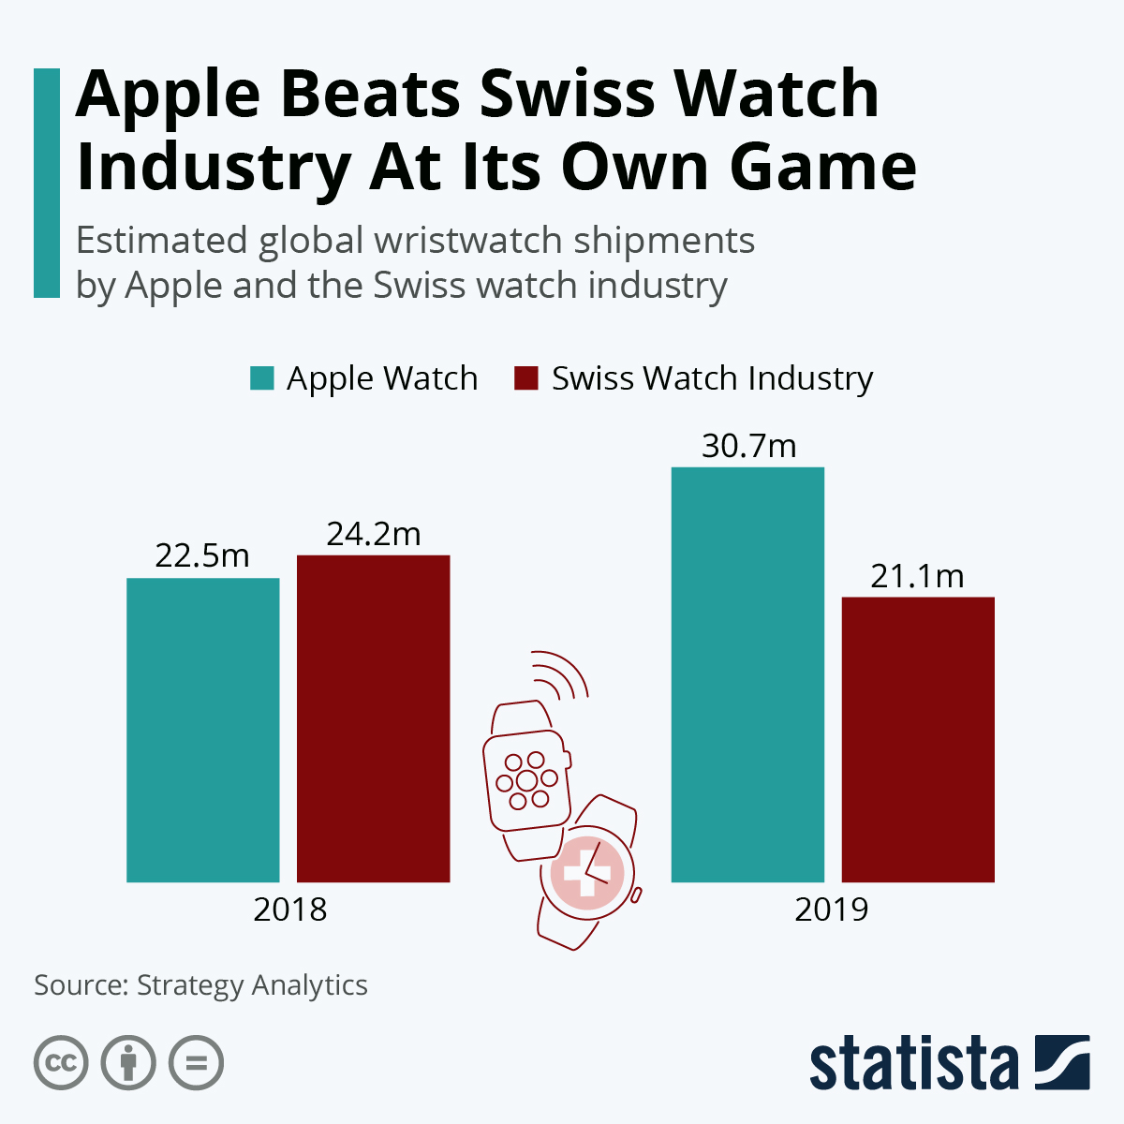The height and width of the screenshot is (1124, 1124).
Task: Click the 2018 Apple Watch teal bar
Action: pos(202,730)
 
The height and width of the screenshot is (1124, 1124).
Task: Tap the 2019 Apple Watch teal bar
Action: pos(747,674)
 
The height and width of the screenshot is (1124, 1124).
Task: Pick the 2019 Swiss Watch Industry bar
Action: pos(918,739)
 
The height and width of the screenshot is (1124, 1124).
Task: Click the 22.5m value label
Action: pos(202,555)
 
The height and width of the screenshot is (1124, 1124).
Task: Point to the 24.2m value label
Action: pos(373,533)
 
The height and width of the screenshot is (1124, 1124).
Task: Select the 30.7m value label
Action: pos(748,446)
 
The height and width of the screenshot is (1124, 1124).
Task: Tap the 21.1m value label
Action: pos(917,576)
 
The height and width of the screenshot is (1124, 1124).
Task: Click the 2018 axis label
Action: pos(289,910)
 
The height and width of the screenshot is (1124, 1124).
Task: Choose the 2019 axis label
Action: pos(832,910)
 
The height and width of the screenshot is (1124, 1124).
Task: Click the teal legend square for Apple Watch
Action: pos(262,378)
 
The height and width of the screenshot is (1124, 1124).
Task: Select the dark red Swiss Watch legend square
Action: pos(526,378)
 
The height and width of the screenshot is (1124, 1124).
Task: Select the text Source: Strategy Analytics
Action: pos(200,985)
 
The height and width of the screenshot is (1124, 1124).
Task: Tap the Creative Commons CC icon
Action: pos(62,1063)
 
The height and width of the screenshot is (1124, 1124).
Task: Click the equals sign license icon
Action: pos(196,1063)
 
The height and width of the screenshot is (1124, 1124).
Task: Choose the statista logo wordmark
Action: pos(913,1064)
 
